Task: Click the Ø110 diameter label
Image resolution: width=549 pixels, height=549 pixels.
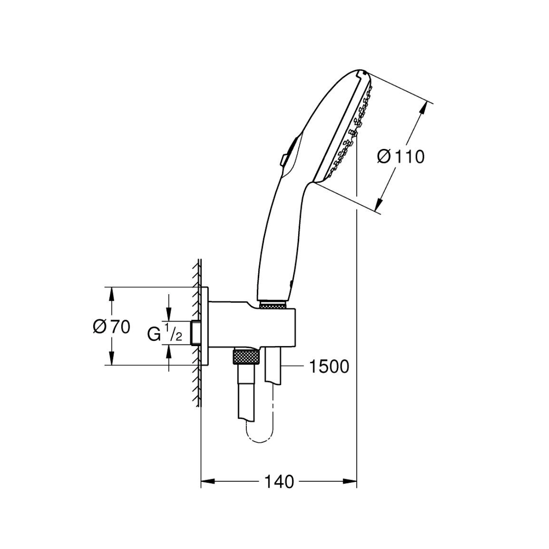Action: (x=401, y=157)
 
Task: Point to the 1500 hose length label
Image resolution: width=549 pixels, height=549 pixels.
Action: (x=329, y=366)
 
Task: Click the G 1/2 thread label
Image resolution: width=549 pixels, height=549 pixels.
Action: (x=164, y=331)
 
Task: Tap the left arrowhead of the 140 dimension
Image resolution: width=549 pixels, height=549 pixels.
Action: (x=208, y=481)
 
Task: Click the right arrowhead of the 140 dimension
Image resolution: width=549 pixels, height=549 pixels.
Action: (x=350, y=481)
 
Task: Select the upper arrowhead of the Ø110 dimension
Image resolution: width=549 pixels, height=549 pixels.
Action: (x=424, y=108)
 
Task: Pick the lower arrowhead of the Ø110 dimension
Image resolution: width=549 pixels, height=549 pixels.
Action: (x=379, y=203)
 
